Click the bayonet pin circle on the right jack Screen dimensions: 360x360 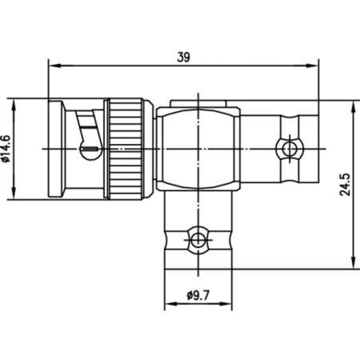click(x=286, y=149)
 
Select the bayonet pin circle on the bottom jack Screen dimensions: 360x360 click(x=197, y=237)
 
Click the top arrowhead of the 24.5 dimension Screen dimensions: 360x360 click(x=353, y=104)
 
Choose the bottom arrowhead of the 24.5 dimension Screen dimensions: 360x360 click(x=353, y=263)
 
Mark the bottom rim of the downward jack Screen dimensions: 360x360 click(x=197, y=262)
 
